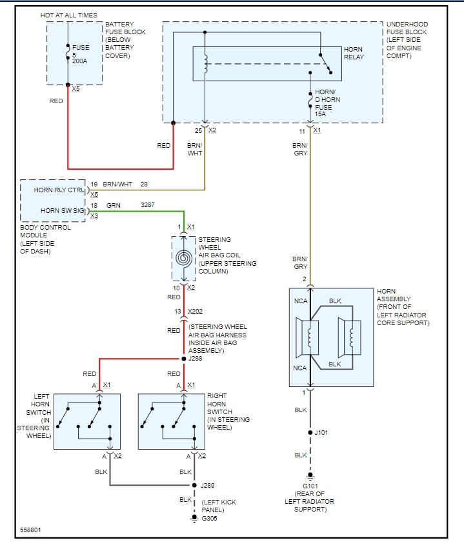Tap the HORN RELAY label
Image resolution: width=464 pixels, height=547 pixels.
point(354,53)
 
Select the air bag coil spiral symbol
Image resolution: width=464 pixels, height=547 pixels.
point(184,258)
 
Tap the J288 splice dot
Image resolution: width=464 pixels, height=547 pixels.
point(184,358)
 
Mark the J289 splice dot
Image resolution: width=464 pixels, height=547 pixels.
point(192,485)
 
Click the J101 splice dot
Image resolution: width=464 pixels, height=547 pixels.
point(310,432)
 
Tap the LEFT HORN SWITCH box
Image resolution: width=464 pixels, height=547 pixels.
point(86,421)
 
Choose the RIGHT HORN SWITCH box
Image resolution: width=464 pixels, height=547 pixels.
point(171,421)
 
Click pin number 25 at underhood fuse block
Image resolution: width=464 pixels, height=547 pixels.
point(199,131)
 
